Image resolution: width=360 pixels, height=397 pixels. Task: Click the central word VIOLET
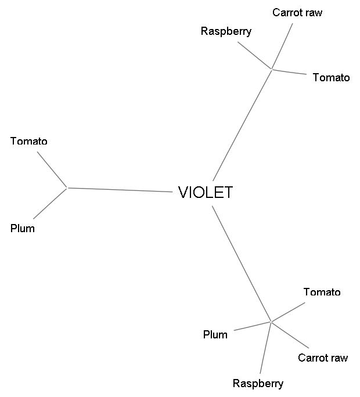205,192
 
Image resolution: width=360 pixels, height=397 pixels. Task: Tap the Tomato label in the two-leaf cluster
29,141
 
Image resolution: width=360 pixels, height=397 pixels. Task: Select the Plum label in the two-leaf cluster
23,228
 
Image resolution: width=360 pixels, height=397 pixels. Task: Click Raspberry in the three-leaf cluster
226,31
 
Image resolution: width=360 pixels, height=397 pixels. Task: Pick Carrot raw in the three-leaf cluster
297,12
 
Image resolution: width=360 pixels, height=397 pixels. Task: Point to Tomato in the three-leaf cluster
331,77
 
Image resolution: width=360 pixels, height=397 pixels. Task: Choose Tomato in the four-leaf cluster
322,292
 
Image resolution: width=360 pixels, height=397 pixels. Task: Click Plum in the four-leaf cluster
215,334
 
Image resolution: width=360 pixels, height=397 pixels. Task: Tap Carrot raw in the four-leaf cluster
323,358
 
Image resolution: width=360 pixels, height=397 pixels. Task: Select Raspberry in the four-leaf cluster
258,383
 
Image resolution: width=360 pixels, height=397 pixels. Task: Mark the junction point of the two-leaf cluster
67,187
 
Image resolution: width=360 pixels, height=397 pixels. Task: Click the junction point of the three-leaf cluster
272,70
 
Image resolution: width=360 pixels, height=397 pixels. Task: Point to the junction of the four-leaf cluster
271,321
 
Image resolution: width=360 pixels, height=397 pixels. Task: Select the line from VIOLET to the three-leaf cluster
242,125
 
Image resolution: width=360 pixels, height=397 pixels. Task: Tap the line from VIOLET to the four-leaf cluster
242,264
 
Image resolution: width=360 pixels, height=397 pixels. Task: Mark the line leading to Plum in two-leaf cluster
51,203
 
